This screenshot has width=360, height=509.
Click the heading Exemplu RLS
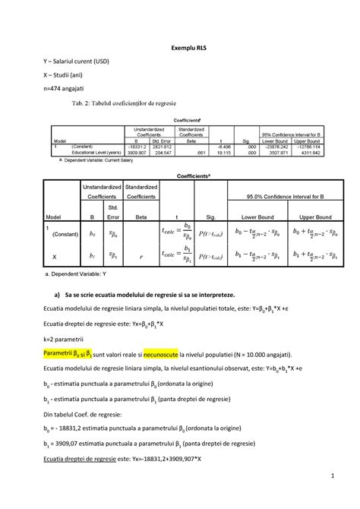pos(179,47)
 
